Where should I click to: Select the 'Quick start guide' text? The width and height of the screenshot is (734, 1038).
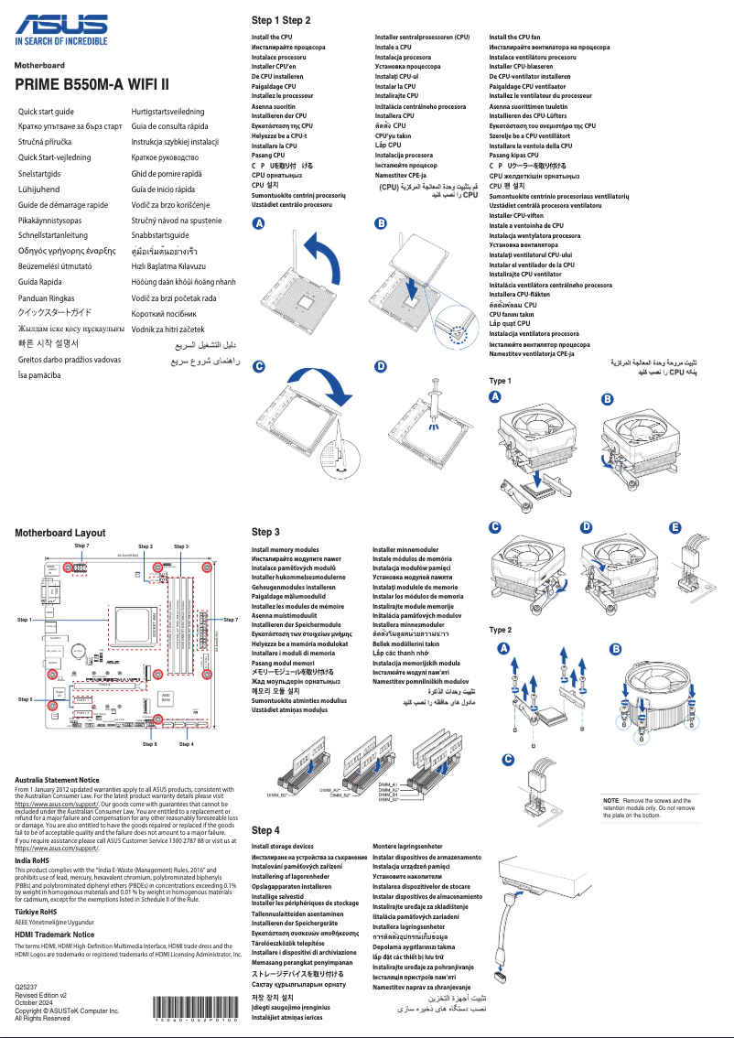tap(47, 111)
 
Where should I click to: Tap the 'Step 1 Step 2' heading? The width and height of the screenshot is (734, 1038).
tap(281, 20)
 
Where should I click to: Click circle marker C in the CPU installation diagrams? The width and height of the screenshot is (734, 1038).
tap(259, 366)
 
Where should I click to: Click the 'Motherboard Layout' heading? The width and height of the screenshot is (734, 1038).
tap(60, 533)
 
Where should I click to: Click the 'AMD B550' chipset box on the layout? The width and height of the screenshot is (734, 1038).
tap(167, 697)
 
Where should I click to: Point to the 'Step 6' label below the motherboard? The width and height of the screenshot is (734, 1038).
tap(150, 744)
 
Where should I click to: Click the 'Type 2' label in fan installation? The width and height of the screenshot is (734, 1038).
tap(501, 631)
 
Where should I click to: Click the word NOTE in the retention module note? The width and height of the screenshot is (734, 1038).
tap(611, 800)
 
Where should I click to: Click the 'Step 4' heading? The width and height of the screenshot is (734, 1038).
tap(265, 829)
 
